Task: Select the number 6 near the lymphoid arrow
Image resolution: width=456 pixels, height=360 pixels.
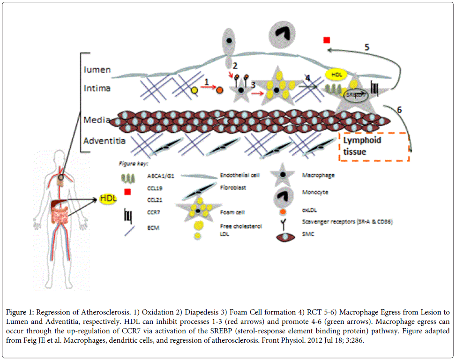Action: (x=399, y=110)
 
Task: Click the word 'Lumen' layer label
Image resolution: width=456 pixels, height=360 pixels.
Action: (x=97, y=70)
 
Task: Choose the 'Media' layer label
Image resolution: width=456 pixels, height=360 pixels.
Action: (x=97, y=120)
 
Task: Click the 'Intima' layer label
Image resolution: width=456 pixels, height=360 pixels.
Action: (x=97, y=86)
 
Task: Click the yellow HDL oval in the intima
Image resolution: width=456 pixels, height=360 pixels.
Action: (x=336, y=75)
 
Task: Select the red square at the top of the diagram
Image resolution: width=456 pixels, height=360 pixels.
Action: (x=327, y=40)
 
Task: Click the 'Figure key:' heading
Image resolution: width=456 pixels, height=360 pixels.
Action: (x=133, y=164)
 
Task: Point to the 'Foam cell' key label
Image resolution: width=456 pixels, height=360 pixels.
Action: (x=231, y=211)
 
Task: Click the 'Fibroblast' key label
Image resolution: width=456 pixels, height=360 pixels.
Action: (x=232, y=188)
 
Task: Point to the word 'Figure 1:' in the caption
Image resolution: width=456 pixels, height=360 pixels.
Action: (x=21, y=312)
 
